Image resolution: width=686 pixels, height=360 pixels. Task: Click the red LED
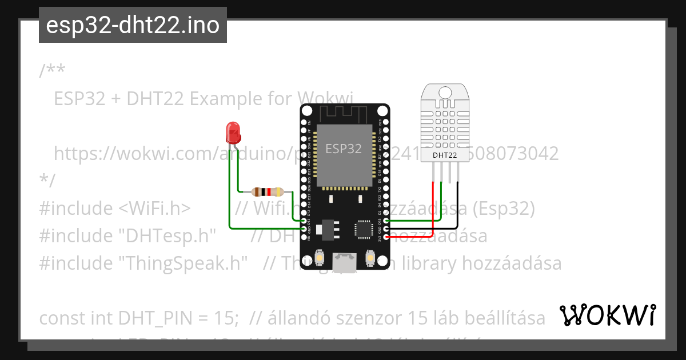[x=233, y=133]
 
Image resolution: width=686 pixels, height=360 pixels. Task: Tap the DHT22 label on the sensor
[x=444, y=155]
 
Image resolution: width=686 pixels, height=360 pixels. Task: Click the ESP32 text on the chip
[x=344, y=149]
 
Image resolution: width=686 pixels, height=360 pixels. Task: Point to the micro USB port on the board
[x=344, y=262]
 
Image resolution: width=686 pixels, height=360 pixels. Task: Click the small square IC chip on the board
[x=363, y=229]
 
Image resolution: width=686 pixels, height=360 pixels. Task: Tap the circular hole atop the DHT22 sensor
[x=444, y=91]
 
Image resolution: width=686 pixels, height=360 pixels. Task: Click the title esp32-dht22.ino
[x=133, y=25]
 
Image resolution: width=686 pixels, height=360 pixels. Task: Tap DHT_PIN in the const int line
[x=160, y=318]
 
